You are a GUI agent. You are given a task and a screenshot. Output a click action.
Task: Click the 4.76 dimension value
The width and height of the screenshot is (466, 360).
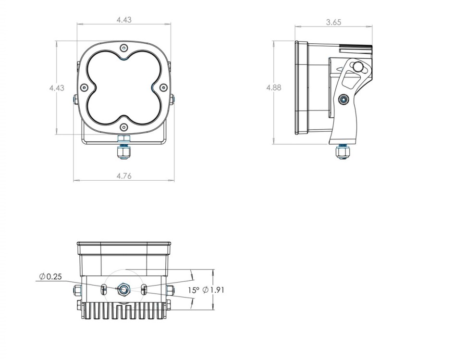coord(123,176)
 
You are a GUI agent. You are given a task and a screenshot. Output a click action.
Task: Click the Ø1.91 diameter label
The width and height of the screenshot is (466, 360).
coord(214,290)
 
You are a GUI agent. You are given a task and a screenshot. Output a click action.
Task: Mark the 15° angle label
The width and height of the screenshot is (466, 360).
coord(194,290)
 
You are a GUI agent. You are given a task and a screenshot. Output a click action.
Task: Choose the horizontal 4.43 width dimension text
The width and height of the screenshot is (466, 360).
coord(123,20)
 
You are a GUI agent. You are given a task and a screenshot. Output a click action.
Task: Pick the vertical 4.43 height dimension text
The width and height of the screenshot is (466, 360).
coord(57,88)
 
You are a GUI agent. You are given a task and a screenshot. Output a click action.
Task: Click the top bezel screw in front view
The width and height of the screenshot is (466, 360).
coord(124,48)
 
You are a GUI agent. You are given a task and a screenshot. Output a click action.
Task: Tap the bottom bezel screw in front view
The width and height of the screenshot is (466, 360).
coord(124,127)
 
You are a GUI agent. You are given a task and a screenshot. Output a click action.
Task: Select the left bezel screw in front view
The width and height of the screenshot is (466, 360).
coord(84,87)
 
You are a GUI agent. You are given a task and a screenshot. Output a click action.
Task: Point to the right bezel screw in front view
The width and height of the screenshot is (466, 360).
coord(163,87)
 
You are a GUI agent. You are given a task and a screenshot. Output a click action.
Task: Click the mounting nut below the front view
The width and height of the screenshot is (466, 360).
coord(124,152)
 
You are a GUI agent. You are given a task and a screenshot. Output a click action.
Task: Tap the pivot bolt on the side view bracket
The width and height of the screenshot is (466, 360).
coord(343,99)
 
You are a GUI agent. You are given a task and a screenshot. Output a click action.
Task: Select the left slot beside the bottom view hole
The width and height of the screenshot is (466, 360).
coord(104,289)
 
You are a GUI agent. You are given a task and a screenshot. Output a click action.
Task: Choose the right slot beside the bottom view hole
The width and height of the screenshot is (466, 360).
coord(144,289)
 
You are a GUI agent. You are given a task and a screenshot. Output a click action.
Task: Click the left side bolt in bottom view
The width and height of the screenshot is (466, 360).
coord(77,290)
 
